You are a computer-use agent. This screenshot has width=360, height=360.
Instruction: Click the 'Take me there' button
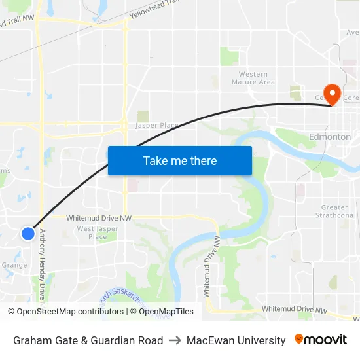tap(180, 160)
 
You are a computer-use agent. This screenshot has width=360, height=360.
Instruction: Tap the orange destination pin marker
tap(332, 94)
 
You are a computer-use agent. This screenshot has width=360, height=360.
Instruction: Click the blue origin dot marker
tap(27, 233)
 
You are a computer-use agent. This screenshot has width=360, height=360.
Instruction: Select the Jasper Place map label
tap(157, 125)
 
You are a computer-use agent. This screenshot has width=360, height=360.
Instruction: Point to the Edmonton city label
tap(329, 137)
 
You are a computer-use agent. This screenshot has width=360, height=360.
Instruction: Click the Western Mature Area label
tap(253, 79)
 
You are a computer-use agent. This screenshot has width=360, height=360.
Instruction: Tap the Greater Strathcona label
tap(334, 211)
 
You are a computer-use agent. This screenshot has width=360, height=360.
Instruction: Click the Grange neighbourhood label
tap(14, 265)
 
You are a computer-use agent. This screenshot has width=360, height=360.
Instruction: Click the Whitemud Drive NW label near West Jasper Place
tap(99, 217)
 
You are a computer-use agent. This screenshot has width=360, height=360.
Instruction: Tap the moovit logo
tap(320, 340)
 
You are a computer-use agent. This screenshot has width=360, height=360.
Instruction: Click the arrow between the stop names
tap(175, 340)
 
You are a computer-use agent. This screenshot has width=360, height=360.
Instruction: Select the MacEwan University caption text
tap(236, 340)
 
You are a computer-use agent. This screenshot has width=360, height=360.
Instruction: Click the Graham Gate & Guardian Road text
tap(88, 340)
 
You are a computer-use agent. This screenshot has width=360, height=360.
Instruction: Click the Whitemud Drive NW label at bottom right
tap(293, 308)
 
